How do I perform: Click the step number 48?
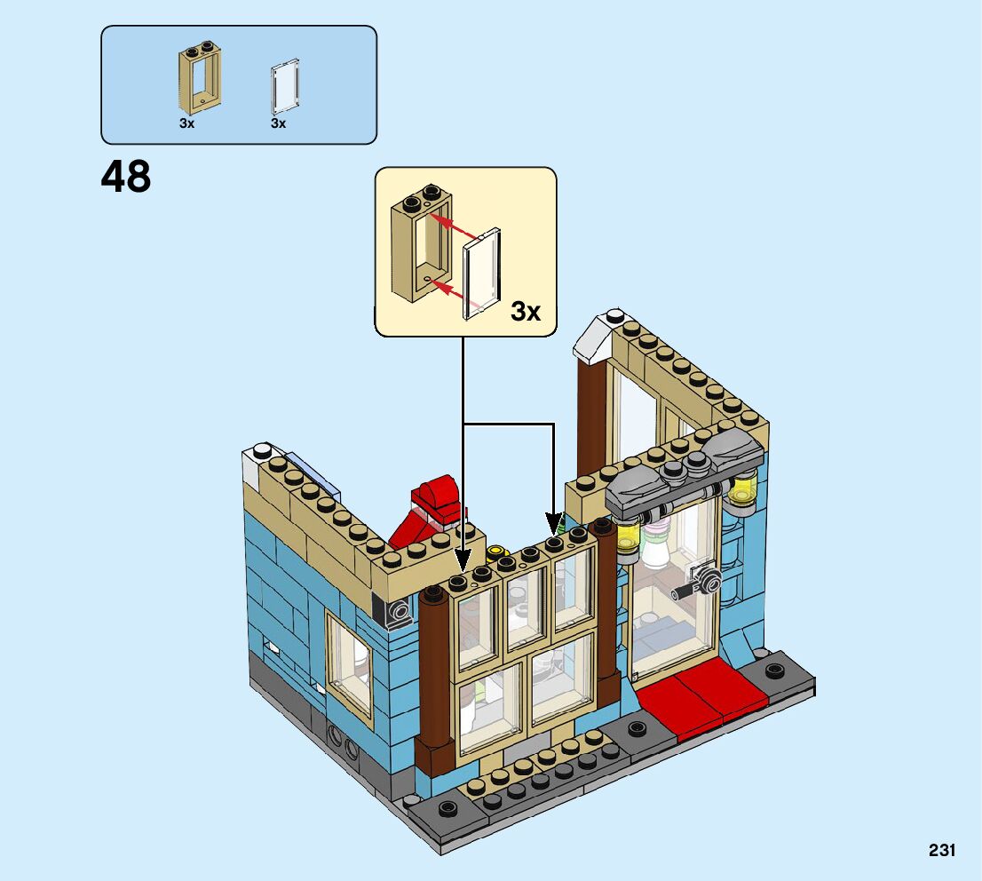coord(126,177)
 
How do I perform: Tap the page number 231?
coord(942,850)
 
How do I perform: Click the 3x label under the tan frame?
coord(186,124)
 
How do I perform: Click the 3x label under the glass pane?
coord(279,124)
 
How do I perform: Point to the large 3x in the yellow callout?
coord(526,312)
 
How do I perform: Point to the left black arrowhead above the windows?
coord(463,561)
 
